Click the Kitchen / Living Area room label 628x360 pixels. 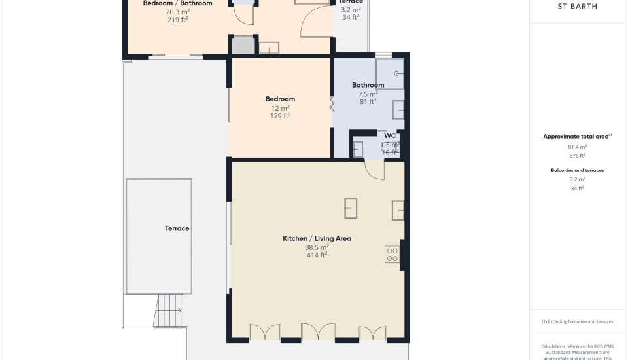coord(317,238)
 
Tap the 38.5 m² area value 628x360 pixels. coord(317,247)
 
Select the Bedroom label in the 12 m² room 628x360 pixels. coord(280,99)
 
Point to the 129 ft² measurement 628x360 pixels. coord(280,116)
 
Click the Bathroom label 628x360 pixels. coord(368,85)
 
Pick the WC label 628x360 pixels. coord(390,136)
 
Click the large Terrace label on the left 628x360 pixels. coord(177,228)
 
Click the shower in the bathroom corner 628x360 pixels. coord(390,73)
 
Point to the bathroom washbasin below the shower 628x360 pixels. coord(398,110)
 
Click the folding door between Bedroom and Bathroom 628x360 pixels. coord(332,104)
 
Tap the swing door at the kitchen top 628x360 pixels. coord(374,170)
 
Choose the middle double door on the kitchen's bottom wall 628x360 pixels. coord(317,333)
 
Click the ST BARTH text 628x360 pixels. coord(576,7)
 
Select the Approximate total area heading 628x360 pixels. coord(577,136)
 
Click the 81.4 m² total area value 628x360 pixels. coord(577,147)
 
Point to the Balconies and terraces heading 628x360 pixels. coord(577,170)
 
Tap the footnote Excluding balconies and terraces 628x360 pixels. coord(577,321)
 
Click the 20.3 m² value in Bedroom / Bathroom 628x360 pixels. coord(177,12)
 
